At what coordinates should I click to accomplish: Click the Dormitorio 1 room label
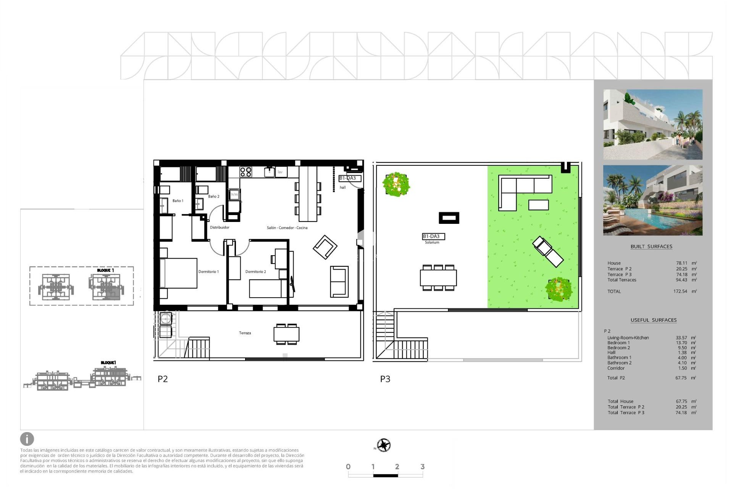tap(208, 272)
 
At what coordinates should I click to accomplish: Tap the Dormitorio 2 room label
tap(255, 272)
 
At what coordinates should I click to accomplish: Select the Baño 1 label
tap(178, 201)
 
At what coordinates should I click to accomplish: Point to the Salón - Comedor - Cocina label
tap(287, 228)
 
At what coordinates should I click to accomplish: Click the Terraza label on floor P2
tap(245, 333)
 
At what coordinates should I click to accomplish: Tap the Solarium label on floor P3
tap(432, 242)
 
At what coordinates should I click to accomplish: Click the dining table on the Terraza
tap(286, 334)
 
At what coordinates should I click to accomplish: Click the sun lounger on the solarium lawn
tap(548, 251)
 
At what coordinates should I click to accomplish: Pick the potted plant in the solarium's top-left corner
tap(396, 184)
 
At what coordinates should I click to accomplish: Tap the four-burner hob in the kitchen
tap(246, 172)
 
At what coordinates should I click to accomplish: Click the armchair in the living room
tap(325, 247)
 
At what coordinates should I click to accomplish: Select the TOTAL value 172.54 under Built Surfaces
tap(680, 291)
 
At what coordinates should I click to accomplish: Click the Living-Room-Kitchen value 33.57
tap(681, 338)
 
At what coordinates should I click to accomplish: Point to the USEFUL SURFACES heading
tap(653, 320)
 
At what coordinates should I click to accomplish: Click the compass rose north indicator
tap(383, 445)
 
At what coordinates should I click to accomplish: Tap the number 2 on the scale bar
tap(397, 466)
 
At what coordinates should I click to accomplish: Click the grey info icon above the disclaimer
tap(27, 439)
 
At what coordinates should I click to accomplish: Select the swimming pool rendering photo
tap(652, 200)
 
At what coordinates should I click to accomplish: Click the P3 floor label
tap(385, 379)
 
